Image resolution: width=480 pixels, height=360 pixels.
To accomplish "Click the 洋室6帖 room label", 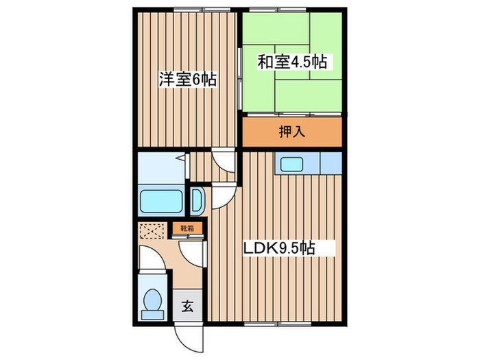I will coord(187,80).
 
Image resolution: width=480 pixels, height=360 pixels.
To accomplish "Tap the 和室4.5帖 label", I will coord(291,62).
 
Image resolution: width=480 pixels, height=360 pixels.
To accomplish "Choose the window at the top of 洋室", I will coord(192,9).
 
